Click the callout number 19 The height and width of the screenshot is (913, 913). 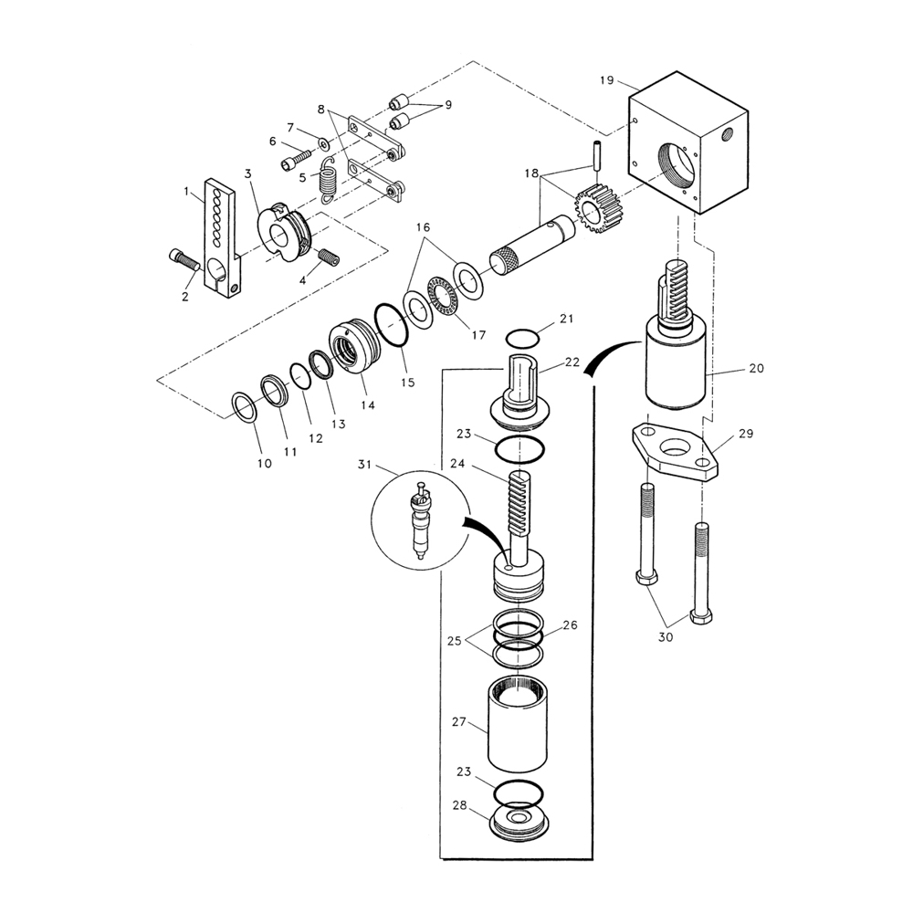607,80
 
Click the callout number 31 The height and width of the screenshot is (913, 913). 366,466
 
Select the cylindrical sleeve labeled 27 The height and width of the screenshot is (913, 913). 519,726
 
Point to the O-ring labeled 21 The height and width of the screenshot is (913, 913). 521,339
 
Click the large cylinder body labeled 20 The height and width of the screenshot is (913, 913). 676,370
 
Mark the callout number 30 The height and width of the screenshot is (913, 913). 665,637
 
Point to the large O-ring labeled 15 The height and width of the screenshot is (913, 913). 392,327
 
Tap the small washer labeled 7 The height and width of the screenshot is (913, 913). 324,143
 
